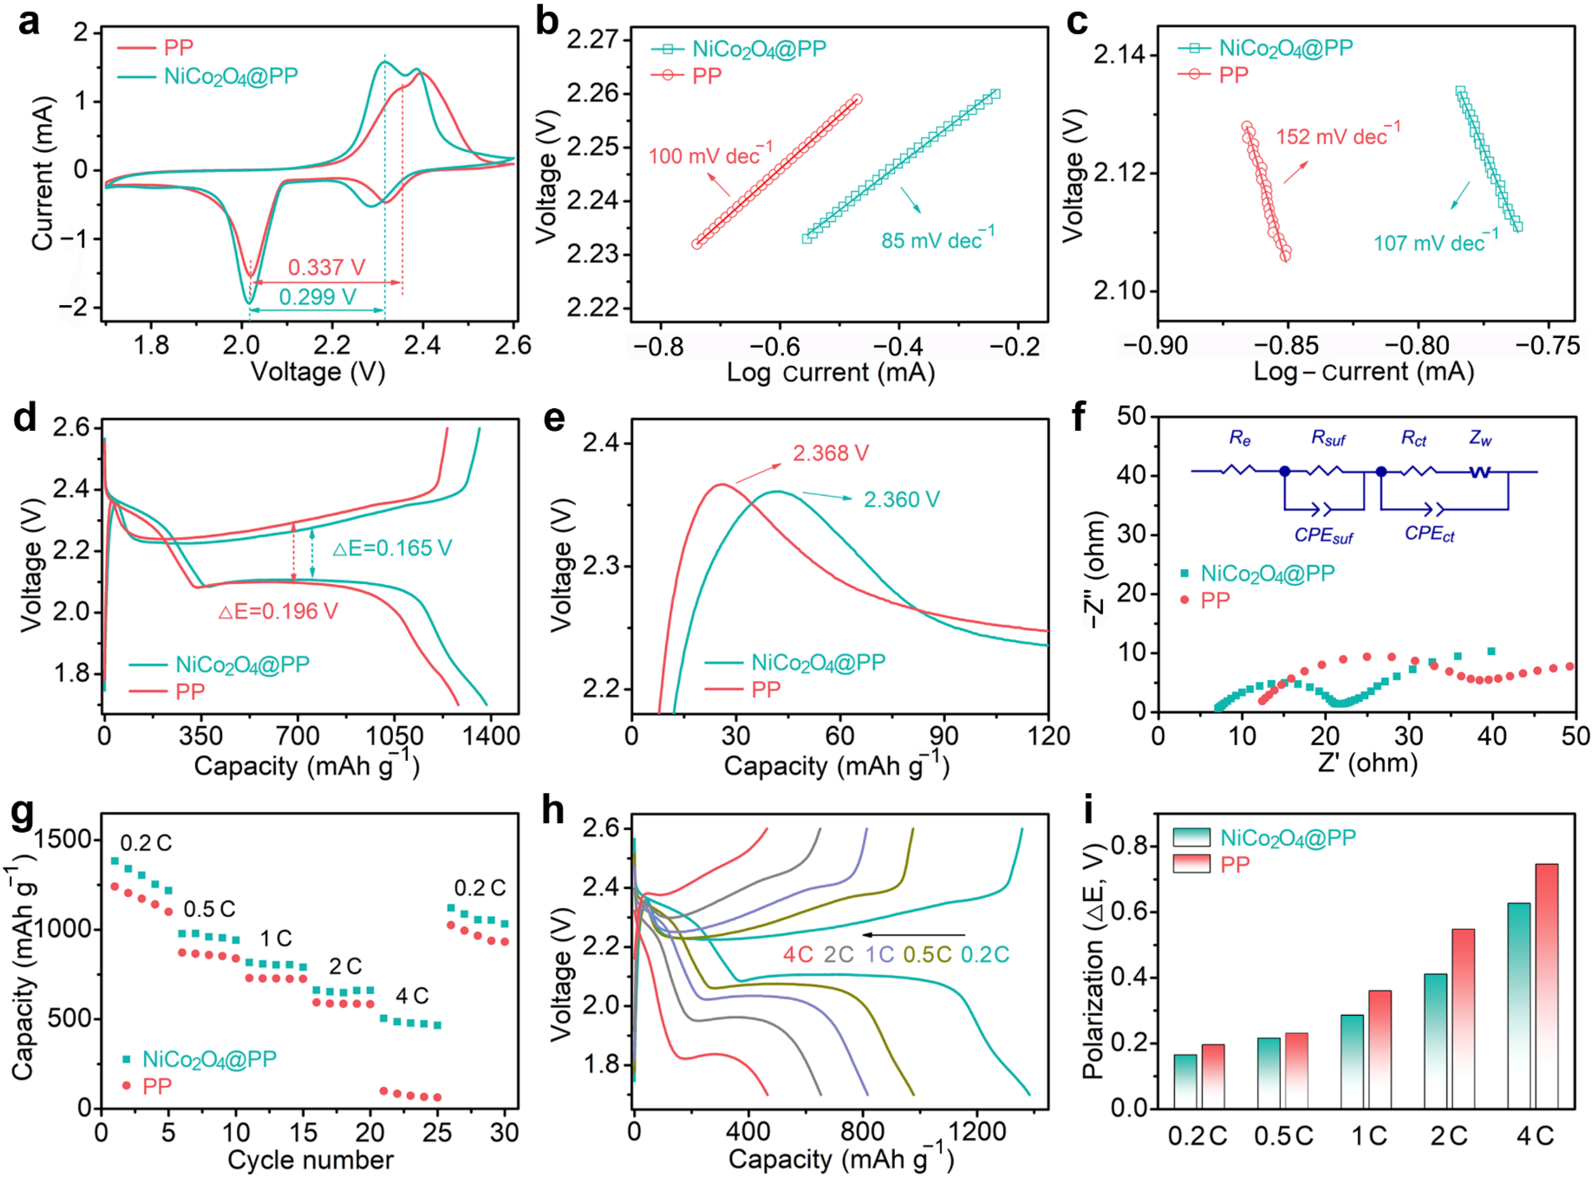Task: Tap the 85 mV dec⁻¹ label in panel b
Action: pyautogui.click(x=937, y=239)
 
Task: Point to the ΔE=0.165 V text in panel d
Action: pyautogui.click(x=392, y=548)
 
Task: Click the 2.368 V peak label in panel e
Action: pyautogui.click(x=830, y=453)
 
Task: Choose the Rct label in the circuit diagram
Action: pyautogui.click(x=1413, y=438)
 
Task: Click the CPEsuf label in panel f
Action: pyautogui.click(x=1323, y=536)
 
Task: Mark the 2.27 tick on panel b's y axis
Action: pyautogui.click(x=593, y=39)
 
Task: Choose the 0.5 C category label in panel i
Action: pyautogui.click(x=1284, y=1136)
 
